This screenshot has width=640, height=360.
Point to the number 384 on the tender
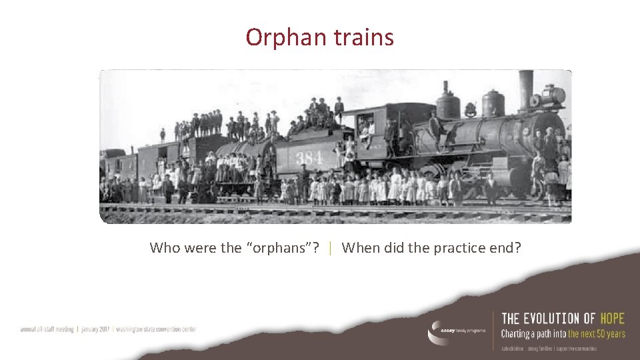coord(309,157)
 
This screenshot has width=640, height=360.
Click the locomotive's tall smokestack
coord(526,89)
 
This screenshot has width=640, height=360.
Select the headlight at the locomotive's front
coord(554,96)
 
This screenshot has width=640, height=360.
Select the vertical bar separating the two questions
coord(331,248)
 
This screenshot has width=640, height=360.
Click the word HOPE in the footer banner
coord(612,319)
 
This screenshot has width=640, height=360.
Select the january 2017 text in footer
coord(96,329)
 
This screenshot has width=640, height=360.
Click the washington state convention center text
coord(156,329)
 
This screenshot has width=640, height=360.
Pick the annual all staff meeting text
coord(48,329)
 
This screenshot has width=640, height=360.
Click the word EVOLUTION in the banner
coord(550,319)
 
